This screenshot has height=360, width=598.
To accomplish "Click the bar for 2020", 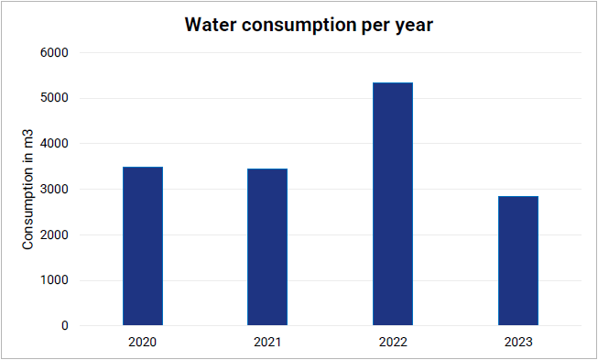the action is pos(143,246).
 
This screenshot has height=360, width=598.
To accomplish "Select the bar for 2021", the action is pos(267,246).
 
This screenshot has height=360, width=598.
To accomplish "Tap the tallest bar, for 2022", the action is pos(393,203).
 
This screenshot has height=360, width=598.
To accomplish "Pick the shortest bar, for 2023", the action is pos(518,260).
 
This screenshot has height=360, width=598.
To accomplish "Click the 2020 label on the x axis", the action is pos(142,342).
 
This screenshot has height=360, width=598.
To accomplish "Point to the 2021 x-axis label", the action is pos(267,342).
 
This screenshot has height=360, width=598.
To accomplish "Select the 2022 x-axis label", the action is pos(393,342).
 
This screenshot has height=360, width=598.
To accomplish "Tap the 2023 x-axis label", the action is pos(518,342).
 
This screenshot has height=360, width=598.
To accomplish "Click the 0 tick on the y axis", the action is pos(65,326).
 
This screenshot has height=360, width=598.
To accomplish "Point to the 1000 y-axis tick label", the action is pos(55,280).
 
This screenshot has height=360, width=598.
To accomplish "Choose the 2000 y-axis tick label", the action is pos(55,235).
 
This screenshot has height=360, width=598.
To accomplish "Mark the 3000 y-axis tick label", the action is pos(55,189).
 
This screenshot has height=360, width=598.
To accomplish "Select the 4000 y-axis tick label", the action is pos(55,144).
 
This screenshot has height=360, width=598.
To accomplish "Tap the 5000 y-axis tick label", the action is pos(55,98).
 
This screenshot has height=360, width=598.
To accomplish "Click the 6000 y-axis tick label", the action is pos(55,52).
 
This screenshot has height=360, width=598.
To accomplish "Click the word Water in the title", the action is pos(211,25).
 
